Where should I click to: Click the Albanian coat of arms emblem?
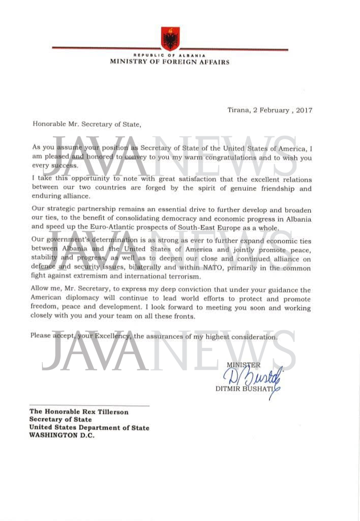pos(170,38)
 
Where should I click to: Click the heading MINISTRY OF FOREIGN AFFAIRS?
pos(170,62)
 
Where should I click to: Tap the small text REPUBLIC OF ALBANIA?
pos(169,55)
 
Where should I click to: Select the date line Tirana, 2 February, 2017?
pos(269,110)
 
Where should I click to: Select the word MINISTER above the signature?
pos(243,365)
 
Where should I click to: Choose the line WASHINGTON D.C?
pos(62,436)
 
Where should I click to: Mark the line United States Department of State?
pos(89,428)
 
